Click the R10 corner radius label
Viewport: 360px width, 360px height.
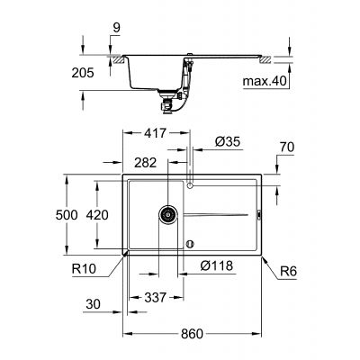(84, 267)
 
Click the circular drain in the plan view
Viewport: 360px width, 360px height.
(166, 214)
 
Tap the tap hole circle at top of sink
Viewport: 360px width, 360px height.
(189, 185)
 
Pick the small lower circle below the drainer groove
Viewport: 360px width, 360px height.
(189, 243)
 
